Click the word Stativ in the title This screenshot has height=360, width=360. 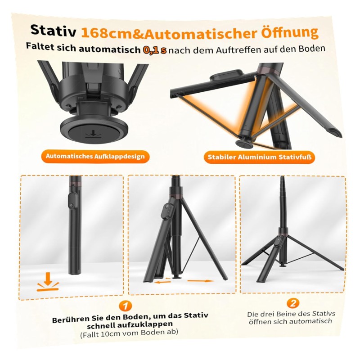pos(53,31)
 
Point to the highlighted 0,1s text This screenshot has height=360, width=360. pos(154,50)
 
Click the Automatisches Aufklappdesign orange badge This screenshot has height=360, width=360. pos(95,157)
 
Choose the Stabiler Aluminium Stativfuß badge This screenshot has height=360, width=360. pos(260,157)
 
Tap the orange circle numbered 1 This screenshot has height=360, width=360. pos(126,306)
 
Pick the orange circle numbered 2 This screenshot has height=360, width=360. pos(293,303)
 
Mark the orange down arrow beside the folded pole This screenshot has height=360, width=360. pos(48,282)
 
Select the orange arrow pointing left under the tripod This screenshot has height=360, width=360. pos(162,281)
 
